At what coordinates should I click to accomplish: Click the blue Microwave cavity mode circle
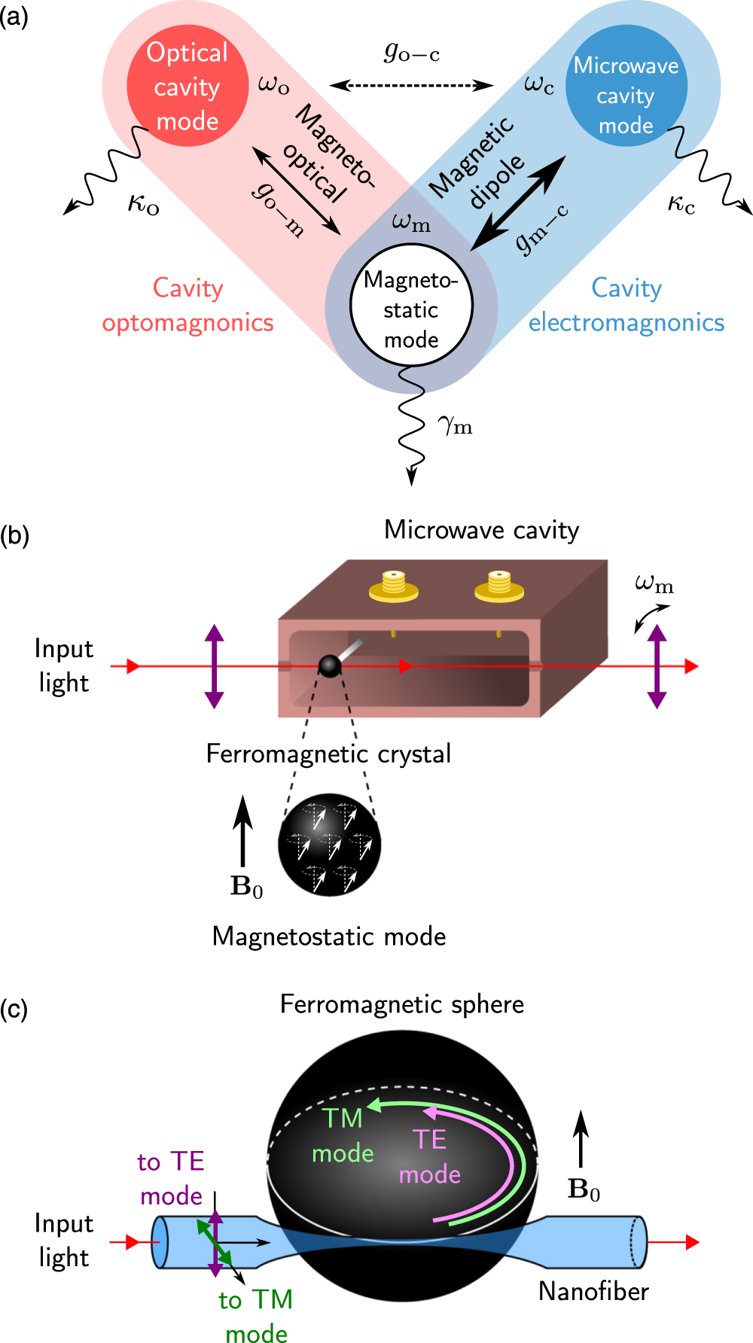[x=626, y=85]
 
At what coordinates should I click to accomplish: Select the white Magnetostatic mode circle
[x=411, y=307]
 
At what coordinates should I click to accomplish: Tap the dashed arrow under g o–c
[x=411, y=85]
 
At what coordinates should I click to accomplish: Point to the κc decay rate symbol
[x=681, y=203]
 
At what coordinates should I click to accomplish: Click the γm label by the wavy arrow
[x=455, y=426]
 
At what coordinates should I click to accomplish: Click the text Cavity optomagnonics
[x=188, y=305]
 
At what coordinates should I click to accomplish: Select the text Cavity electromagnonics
[x=626, y=305]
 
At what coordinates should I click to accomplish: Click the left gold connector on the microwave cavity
[x=393, y=586]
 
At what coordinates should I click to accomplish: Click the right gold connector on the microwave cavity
[x=498, y=586]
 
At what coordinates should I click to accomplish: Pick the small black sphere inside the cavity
[x=330, y=665]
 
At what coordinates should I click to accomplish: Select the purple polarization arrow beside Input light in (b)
[x=215, y=666]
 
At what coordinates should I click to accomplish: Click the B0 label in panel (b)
[x=246, y=886]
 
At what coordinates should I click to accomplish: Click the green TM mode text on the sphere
[x=343, y=1135]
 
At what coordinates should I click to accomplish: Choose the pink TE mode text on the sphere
[x=429, y=1156]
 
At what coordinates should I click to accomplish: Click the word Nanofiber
[x=593, y=1291]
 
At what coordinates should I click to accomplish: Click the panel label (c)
[x=14, y=1009]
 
